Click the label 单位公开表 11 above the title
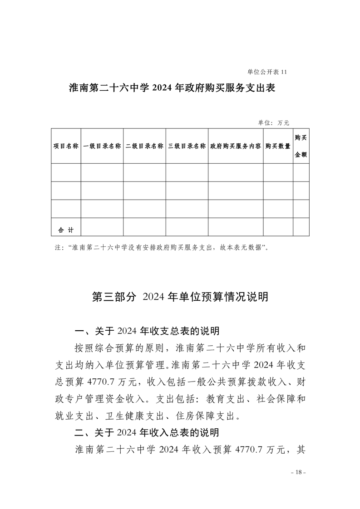[x=267, y=72]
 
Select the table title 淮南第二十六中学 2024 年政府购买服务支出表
[x=173, y=88]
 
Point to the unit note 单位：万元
[x=273, y=122]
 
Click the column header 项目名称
[x=66, y=147]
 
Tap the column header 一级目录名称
[x=102, y=147]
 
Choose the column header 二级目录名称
[x=144, y=147]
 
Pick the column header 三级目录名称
[x=187, y=147]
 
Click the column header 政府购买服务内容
[x=236, y=147]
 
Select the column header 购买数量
[x=278, y=147]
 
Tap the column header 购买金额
[x=301, y=146]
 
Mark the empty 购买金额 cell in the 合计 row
[x=301, y=227]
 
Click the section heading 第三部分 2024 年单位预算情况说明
[x=180, y=297]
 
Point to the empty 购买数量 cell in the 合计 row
[x=278, y=227]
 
